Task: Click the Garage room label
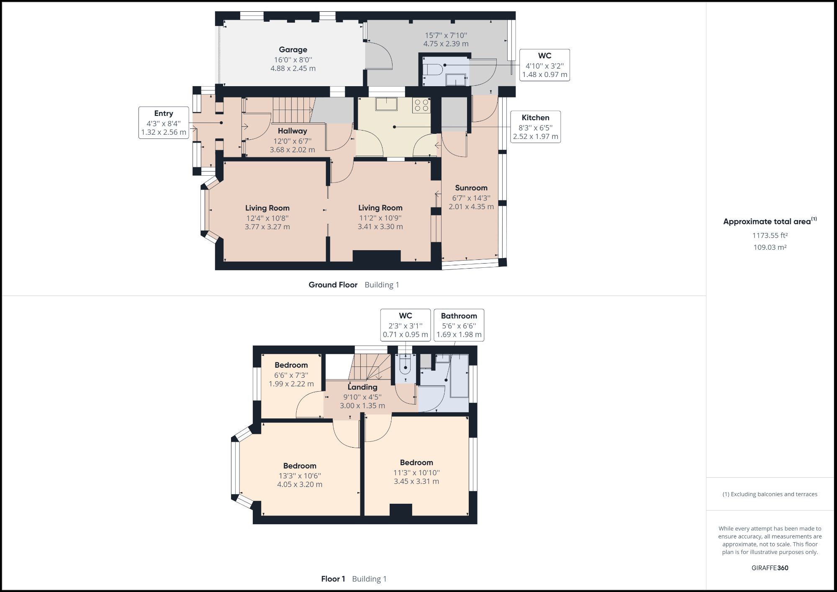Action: [x=293, y=50]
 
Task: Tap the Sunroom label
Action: [x=471, y=188]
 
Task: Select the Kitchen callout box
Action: [x=535, y=127]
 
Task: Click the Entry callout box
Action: [x=164, y=123]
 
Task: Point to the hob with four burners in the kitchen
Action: [x=421, y=105]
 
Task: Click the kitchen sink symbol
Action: [x=386, y=104]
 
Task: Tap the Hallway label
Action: [x=292, y=131]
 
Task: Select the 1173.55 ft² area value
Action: [x=770, y=236]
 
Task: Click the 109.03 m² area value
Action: [x=770, y=247]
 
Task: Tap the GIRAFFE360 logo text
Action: [x=770, y=568]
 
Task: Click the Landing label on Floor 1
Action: [x=362, y=387]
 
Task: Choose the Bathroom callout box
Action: [x=459, y=325]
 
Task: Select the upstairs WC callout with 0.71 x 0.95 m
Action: [x=405, y=325]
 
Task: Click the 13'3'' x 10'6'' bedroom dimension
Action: [x=300, y=476]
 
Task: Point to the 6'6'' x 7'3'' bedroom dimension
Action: [x=291, y=375]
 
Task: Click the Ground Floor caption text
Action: [x=333, y=285]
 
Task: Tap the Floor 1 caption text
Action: [x=333, y=579]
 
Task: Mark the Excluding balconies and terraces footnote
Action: [x=770, y=494]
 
